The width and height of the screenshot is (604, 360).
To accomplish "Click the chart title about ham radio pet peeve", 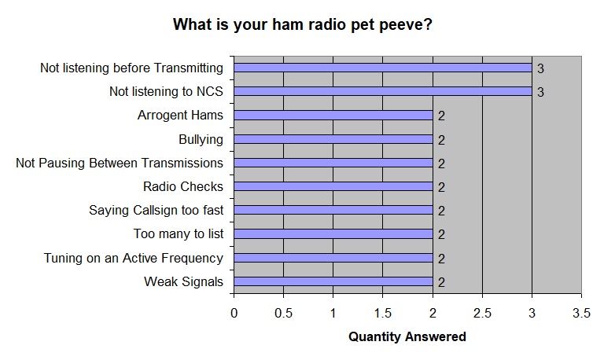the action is [302, 24].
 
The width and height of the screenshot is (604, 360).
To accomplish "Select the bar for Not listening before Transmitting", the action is [383, 68].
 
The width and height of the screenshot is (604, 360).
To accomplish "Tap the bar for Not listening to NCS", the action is [383, 92].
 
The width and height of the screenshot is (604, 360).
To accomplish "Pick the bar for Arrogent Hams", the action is [333, 115].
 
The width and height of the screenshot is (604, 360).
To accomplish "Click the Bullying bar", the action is [333, 139].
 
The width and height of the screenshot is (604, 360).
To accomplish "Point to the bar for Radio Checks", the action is [333, 186].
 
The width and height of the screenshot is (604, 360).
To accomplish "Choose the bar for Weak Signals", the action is [333, 281].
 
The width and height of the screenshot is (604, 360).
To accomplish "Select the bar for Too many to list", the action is [333, 233].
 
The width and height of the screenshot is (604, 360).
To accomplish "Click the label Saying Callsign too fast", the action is [156, 211].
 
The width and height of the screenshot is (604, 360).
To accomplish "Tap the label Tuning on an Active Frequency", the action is [133, 258].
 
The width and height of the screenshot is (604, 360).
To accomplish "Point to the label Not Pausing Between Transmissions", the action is [120, 163].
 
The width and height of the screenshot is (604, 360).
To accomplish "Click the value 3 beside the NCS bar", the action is [540, 92].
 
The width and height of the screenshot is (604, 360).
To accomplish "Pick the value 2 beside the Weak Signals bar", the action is [441, 282].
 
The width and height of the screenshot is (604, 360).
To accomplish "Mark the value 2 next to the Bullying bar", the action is [441, 140].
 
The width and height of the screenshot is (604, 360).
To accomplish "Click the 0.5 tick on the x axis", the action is [283, 313].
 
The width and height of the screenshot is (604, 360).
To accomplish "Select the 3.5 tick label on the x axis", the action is [581, 313].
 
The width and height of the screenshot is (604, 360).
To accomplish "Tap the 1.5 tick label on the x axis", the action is [382, 313].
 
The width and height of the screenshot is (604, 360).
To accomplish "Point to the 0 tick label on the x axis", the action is [234, 313].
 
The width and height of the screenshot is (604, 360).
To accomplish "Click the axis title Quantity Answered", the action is [407, 337].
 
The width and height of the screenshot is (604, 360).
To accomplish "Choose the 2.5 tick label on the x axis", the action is [482, 313].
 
